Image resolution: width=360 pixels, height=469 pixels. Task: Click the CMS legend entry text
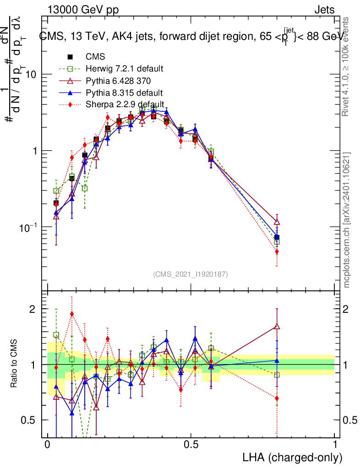pos(95,57)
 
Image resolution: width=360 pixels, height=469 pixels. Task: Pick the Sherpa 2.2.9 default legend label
pos(125,104)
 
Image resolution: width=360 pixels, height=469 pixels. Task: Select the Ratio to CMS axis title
pos(15,365)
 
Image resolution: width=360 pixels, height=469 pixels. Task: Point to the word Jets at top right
pos(324,10)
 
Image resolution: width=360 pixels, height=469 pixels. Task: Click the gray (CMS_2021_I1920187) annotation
pos(191,274)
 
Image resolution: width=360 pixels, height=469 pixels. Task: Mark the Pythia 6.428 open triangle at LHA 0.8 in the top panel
pos(277,222)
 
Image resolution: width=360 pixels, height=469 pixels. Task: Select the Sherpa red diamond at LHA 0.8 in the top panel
pos(277,251)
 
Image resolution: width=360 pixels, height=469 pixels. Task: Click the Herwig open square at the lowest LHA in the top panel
pos(56,191)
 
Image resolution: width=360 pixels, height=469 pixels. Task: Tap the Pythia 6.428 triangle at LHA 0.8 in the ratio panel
pos(277,327)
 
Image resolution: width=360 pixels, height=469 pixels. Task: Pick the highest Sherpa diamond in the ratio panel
pos(72,314)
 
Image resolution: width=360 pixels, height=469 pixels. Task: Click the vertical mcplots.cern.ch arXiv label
pos(347,220)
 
